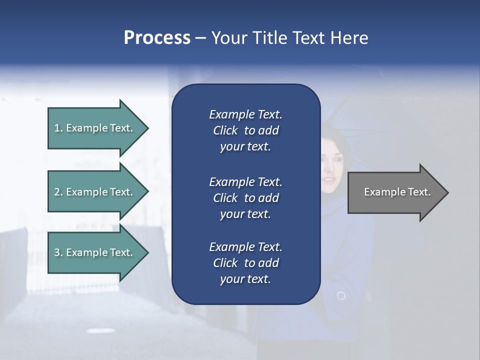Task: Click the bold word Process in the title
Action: pyautogui.click(x=157, y=38)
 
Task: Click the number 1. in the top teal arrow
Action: pyautogui.click(x=58, y=128)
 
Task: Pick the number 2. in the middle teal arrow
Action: pyautogui.click(x=58, y=192)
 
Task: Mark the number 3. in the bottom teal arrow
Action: pyautogui.click(x=58, y=252)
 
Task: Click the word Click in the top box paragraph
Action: pyautogui.click(x=225, y=130)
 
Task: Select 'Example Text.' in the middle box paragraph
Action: pyautogui.click(x=245, y=181)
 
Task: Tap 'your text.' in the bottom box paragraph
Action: pyautogui.click(x=245, y=279)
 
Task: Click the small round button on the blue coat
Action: pyautogui.click(x=341, y=296)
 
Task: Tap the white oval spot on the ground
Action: pyautogui.click(x=99, y=330)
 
